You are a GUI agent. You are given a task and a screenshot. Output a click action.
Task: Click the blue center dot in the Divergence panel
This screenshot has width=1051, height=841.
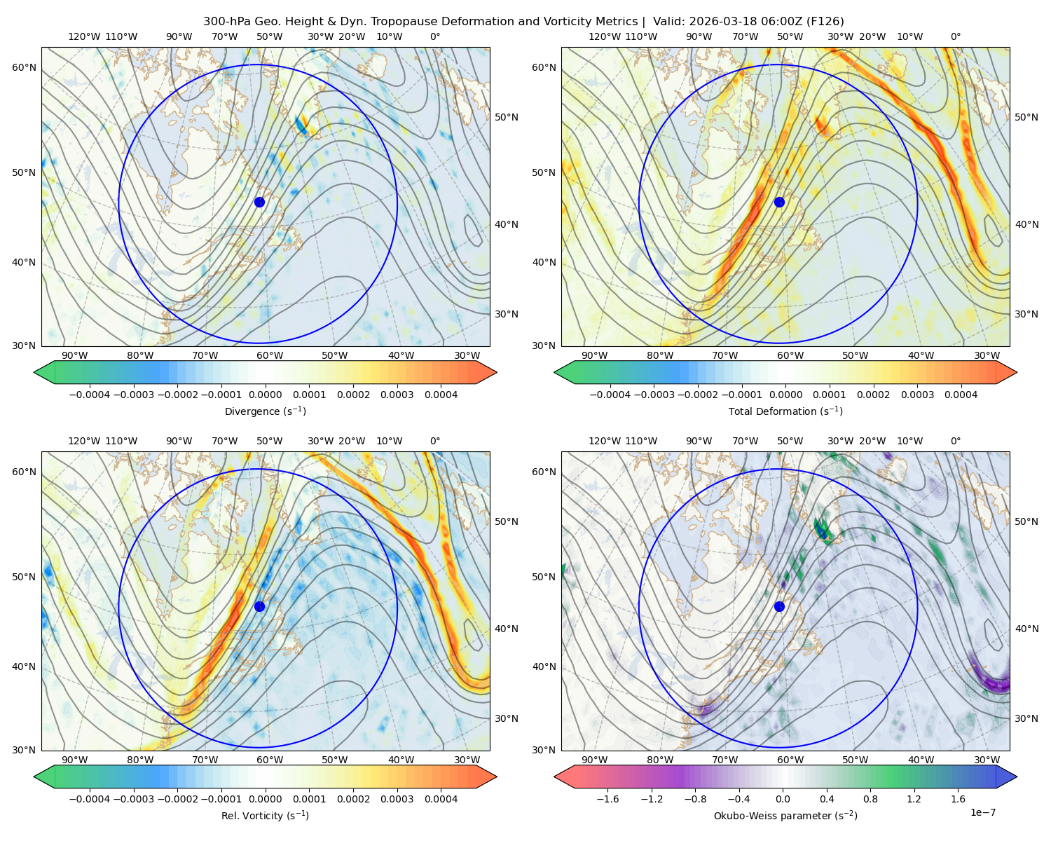point(259,202)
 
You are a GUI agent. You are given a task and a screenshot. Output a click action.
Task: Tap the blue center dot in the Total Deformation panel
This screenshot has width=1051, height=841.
point(779,202)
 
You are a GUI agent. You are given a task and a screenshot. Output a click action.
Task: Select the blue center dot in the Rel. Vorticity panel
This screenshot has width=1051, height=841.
point(259,606)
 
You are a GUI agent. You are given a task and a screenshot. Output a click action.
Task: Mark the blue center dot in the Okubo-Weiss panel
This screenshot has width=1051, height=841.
point(779,606)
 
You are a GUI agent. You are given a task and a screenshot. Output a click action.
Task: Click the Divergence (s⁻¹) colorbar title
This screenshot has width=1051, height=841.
point(265,411)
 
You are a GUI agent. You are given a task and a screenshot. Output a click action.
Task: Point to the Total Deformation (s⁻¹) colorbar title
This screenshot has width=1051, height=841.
point(785,411)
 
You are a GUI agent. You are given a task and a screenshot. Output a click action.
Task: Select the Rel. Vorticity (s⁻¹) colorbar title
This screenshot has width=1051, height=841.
point(265,815)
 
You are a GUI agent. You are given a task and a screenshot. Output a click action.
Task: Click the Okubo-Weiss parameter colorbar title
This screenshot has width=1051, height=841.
point(785,815)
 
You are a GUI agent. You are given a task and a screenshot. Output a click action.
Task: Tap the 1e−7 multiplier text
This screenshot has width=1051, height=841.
point(982,812)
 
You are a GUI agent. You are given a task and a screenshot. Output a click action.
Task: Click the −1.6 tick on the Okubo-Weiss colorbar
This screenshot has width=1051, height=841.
point(608,798)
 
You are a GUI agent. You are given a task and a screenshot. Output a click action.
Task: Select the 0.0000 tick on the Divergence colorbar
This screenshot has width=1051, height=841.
point(265,395)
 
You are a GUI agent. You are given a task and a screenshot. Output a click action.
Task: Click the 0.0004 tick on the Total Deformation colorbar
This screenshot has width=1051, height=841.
point(961,395)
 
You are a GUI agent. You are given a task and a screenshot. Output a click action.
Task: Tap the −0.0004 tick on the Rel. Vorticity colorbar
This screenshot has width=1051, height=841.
point(90,798)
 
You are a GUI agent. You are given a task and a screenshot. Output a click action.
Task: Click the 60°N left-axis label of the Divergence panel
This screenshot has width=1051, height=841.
point(24,67)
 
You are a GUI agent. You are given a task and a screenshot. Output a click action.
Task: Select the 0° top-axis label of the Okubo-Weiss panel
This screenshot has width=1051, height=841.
point(955,441)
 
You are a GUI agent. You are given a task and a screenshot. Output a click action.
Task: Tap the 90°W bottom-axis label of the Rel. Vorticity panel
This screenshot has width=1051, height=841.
point(75,760)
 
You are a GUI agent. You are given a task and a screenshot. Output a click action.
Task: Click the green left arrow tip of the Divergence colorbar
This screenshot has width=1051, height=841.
point(34,372)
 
